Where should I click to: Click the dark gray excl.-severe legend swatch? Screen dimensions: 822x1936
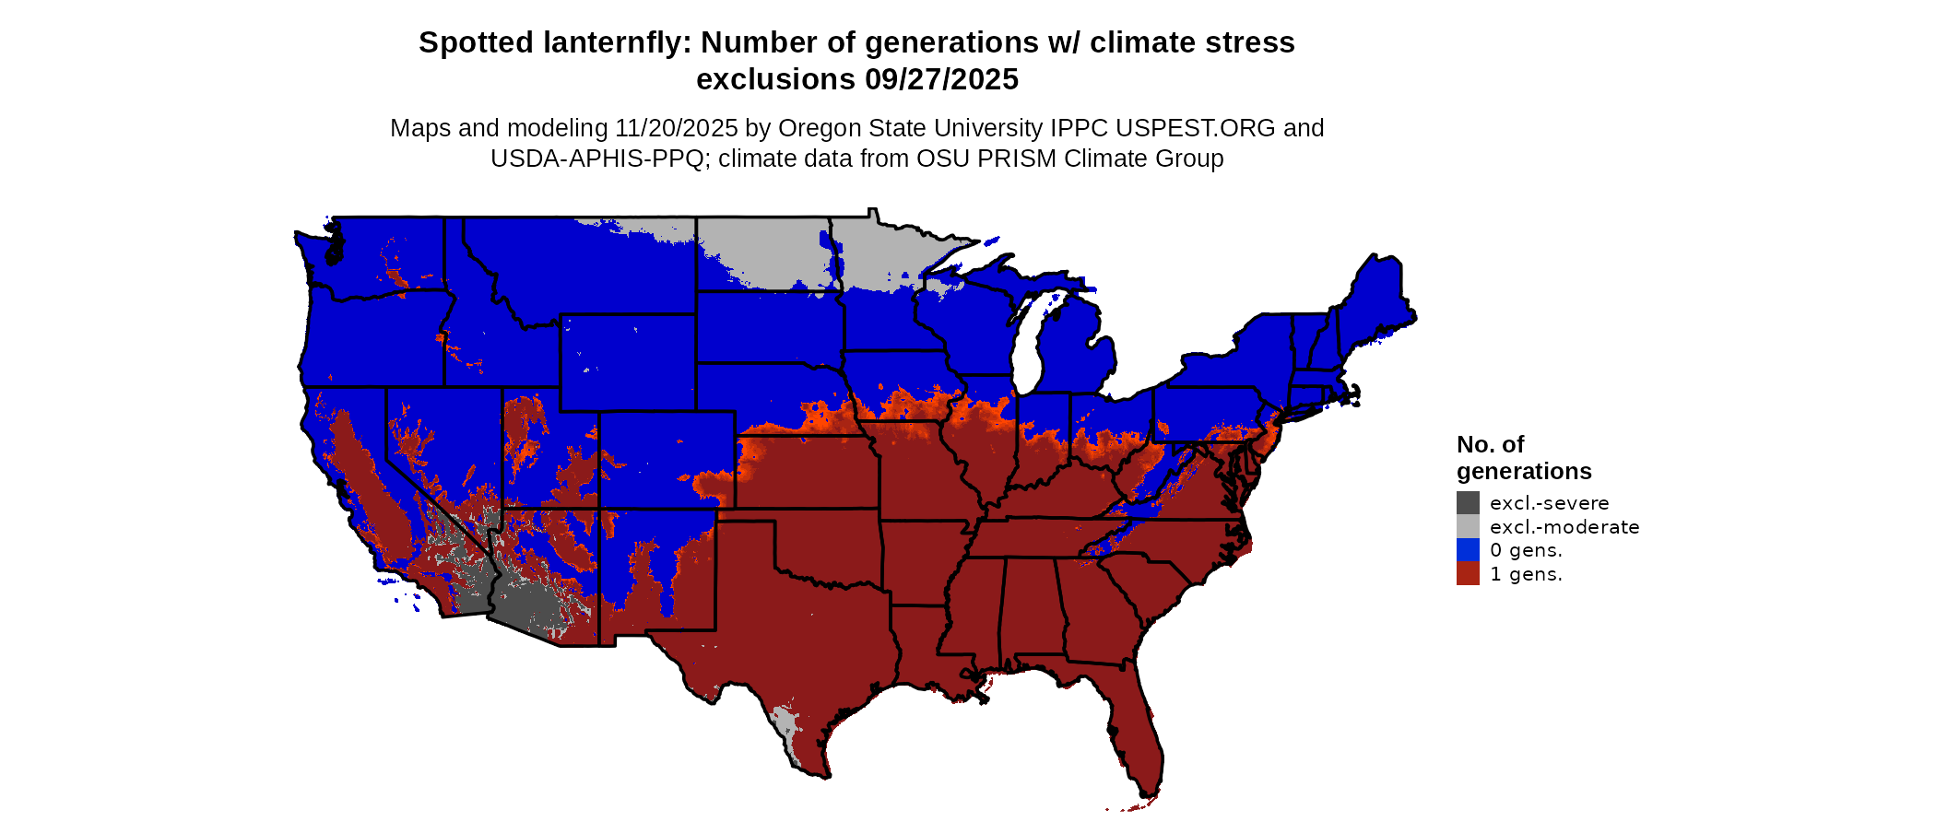click(1468, 502)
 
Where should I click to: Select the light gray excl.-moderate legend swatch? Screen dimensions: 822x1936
click(1468, 526)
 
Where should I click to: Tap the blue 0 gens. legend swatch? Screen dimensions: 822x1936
click(1468, 550)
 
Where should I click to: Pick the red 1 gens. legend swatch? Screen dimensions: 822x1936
click(1468, 574)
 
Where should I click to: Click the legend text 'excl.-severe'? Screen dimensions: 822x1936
click(1549, 503)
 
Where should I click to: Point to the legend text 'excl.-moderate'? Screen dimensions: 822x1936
click(1564, 527)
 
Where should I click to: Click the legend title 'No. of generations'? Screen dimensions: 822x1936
click(1523, 458)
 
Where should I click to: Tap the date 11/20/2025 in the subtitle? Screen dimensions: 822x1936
click(677, 128)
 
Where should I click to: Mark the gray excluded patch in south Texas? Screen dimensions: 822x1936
click(786, 728)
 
